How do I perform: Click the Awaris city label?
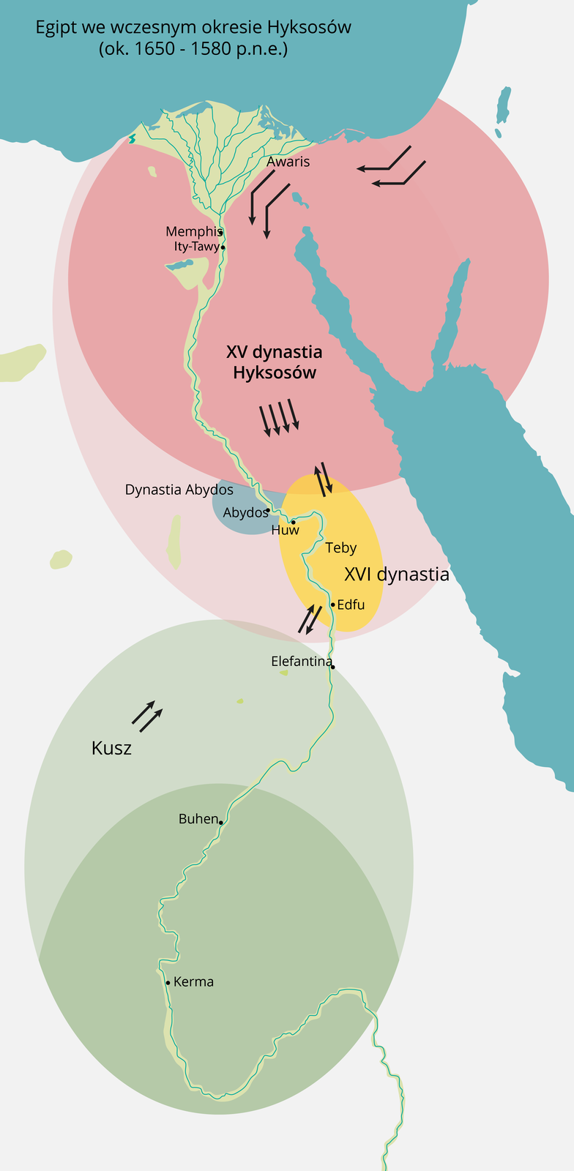click(x=288, y=162)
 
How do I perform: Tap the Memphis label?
click(x=193, y=232)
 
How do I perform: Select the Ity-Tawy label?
click(x=196, y=247)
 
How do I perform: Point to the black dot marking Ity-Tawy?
click(x=223, y=247)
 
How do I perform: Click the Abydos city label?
click(x=245, y=512)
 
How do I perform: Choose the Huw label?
click(x=285, y=530)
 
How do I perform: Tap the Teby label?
click(x=341, y=547)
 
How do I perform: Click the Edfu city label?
click(x=351, y=605)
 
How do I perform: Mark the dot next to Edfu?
click(x=332, y=605)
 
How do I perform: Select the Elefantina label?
click(x=302, y=661)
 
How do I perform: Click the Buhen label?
click(x=198, y=819)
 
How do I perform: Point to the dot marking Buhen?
click(x=220, y=822)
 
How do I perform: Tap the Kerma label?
click(x=194, y=981)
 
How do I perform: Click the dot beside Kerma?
click(x=168, y=982)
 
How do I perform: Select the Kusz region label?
click(x=111, y=748)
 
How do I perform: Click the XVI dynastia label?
click(x=397, y=575)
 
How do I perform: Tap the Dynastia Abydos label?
click(x=179, y=490)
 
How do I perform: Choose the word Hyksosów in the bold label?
click(x=275, y=373)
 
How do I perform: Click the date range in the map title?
click(x=193, y=50)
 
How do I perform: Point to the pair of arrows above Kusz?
click(x=146, y=716)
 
